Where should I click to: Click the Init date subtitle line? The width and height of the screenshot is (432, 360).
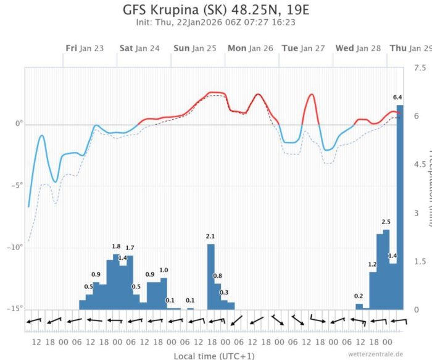pyautogui.click(x=215, y=22)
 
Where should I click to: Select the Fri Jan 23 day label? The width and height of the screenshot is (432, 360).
pyautogui.click(x=85, y=48)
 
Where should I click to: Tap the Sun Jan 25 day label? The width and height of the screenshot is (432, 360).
pyautogui.click(x=194, y=48)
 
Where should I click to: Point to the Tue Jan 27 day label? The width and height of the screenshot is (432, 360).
pyautogui.click(x=303, y=48)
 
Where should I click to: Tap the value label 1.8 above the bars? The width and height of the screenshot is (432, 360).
pyautogui.click(x=116, y=246)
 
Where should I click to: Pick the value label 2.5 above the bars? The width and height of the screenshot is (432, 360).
pyautogui.click(x=386, y=222)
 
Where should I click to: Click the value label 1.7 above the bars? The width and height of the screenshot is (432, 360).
pyautogui.click(x=130, y=248)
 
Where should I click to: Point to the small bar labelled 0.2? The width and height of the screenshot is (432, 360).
pyautogui.click(x=359, y=306)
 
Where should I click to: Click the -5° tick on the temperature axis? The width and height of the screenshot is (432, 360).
pyautogui.click(x=19, y=186)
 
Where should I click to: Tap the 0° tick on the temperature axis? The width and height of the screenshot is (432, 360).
pyautogui.click(x=20, y=124)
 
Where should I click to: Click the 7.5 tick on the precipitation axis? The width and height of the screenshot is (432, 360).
pyautogui.click(x=420, y=67)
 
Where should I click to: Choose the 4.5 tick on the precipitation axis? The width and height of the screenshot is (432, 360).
pyautogui.click(x=420, y=164)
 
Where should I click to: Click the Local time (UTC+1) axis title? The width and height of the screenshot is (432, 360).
pyautogui.click(x=214, y=355)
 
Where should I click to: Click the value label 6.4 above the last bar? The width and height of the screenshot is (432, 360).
pyautogui.click(x=398, y=98)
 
